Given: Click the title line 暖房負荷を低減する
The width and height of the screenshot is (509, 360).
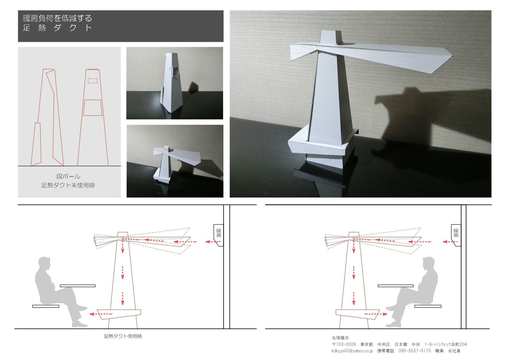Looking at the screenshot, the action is pos(58,18).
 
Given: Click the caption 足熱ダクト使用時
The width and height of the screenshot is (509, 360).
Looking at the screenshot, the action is pos(123,336).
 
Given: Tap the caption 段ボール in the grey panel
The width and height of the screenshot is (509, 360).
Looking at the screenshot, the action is pos(68,176).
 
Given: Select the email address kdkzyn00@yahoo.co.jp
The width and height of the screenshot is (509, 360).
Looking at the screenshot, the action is pos(352,351).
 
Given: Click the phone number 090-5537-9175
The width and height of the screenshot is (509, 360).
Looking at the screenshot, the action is pos(415,351).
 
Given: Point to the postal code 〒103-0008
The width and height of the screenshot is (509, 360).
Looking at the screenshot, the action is pos(344,344).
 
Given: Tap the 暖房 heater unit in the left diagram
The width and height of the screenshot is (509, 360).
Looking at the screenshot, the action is pos(218,235).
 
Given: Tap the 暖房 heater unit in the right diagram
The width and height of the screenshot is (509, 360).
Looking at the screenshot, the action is pos(456,235).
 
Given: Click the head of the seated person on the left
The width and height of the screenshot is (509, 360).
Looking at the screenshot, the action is pos(44,263).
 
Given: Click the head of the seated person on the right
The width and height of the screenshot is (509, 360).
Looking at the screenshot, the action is pos(429,263).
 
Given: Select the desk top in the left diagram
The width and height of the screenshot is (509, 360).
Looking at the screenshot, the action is pos(78,286).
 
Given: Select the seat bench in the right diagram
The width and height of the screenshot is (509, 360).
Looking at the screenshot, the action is pos(428,306).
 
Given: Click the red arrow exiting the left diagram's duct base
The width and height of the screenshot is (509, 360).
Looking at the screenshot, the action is pos(101,314).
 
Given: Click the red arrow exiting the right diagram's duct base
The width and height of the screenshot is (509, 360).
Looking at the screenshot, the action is pos(376,314).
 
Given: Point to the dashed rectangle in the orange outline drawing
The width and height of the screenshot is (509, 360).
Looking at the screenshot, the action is pos(93,81).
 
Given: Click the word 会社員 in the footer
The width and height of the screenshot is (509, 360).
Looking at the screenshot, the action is pos(454,351).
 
